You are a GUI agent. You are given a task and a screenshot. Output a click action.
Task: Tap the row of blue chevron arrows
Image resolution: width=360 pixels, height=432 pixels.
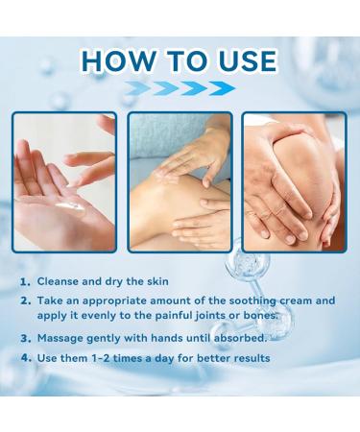pyautogui.click(x=180, y=88)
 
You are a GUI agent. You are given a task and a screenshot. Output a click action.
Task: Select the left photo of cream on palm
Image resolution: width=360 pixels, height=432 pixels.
pyautogui.click(x=64, y=182)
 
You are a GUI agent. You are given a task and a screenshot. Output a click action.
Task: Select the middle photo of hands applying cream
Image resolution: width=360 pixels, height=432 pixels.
pyautogui.click(x=179, y=182)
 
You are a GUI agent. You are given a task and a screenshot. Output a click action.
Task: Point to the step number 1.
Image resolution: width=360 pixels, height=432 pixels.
pyautogui.click(x=26, y=281)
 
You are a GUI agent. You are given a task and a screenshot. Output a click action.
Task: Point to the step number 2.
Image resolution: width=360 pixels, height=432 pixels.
pyautogui.click(x=26, y=300)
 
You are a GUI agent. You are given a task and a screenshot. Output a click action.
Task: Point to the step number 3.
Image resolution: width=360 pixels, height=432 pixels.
pyautogui.click(x=26, y=339)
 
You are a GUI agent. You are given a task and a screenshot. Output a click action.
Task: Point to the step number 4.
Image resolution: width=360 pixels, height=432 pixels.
pyautogui.click(x=26, y=358)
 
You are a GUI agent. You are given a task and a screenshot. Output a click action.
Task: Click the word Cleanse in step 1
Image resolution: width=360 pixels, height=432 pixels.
pyautogui.click(x=60, y=281)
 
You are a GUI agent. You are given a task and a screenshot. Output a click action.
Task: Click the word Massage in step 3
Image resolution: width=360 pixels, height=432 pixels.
pyautogui.click(x=63, y=339)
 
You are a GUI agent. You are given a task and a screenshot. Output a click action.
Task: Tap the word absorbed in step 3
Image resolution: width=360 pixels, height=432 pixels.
pyautogui.click(x=231, y=339)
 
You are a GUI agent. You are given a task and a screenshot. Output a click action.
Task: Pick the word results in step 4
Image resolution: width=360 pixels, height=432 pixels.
pyautogui.click(x=247, y=358)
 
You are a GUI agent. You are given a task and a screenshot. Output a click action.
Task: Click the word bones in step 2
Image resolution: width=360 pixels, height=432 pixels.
pyautogui.click(x=257, y=315)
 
